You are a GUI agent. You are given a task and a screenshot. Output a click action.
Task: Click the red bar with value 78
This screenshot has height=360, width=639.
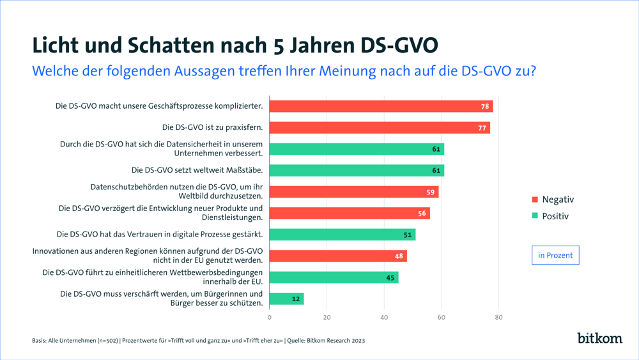[x=381, y=106]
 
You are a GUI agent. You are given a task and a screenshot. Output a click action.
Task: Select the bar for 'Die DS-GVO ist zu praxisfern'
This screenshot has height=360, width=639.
[x=380, y=128]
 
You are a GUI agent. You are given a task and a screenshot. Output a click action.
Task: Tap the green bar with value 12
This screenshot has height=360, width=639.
[x=286, y=299]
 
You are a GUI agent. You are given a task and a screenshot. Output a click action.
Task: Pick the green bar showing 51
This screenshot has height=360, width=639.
[x=343, y=235]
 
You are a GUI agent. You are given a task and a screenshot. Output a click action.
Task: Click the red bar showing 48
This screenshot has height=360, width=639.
[x=338, y=256]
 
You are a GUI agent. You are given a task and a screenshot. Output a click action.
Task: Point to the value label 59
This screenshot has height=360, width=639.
[x=431, y=192]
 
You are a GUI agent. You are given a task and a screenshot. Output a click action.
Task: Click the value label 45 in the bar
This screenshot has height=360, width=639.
[x=390, y=278]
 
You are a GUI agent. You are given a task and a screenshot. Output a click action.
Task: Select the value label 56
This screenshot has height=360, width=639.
[x=422, y=214]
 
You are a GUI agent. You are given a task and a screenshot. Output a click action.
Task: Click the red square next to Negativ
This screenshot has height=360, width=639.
[x=535, y=200]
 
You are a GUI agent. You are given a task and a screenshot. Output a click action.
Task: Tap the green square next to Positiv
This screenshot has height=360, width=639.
[x=535, y=216]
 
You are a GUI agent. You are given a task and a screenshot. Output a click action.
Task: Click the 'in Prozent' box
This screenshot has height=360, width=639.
[x=555, y=255]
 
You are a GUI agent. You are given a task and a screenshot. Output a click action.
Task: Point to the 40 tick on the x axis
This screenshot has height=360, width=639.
[x=384, y=317]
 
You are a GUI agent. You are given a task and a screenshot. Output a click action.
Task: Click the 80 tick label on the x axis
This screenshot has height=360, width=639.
[x=499, y=317]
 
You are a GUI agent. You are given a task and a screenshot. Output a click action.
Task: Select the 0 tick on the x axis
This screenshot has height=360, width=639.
[x=270, y=317]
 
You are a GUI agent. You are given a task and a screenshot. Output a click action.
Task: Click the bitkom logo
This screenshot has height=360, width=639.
[x=599, y=338]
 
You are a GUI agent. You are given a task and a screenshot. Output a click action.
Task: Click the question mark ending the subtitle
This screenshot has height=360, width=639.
[x=532, y=70]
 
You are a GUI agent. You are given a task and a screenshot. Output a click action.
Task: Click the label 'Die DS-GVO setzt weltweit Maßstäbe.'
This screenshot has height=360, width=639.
[x=197, y=170]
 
